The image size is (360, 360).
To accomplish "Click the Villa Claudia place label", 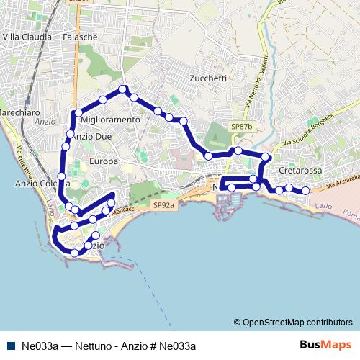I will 27,36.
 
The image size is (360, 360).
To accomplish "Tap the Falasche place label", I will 79,36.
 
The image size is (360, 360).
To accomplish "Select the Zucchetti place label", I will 210,78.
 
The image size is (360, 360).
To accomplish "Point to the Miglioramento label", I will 110,119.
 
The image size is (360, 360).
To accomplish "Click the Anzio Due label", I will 94,136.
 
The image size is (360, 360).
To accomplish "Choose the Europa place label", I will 104,161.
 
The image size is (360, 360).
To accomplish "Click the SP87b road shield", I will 242,127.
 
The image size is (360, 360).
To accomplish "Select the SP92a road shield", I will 163,205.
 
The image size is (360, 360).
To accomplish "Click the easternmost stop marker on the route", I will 305,191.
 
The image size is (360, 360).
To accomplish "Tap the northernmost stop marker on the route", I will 123,89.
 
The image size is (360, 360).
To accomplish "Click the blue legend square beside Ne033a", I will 11,345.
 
